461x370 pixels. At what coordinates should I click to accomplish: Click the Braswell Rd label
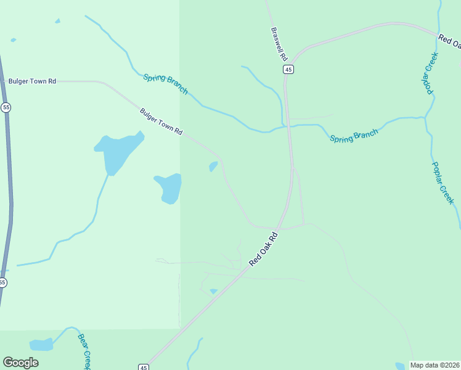pyautogui.click(x=279, y=43)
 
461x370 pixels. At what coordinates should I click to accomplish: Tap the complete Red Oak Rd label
pyautogui.click(x=265, y=249)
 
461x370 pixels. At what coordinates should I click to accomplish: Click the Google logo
pyautogui.click(x=20, y=363)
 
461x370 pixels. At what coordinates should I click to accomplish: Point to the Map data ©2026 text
pyautogui.click(x=435, y=365)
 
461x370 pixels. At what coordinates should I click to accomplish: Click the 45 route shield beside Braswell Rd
pyautogui.click(x=288, y=70)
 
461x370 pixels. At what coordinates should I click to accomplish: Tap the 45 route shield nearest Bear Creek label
pyautogui.click(x=143, y=367)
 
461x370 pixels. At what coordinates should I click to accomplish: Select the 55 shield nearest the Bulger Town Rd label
pyautogui.click(x=6, y=107)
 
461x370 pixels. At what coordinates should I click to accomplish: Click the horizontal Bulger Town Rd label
pyautogui.click(x=32, y=81)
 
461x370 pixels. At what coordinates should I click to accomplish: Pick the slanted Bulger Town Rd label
pyautogui.click(x=161, y=122)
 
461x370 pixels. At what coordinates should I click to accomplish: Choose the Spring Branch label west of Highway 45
pyautogui.click(x=165, y=84)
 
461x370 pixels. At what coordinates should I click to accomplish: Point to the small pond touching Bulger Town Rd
pyautogui.click(x=213, y=166)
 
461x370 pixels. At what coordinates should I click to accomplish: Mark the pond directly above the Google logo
pyautogui.click(x=41, y=344)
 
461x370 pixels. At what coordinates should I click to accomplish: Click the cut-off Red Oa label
pyautogui.click(x=449, y=41)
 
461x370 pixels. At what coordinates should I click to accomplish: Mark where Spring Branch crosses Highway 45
pyautogui.click(x=287, y=126)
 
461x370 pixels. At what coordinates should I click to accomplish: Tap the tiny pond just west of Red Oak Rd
pyautogui.click(x=214, y=291)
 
